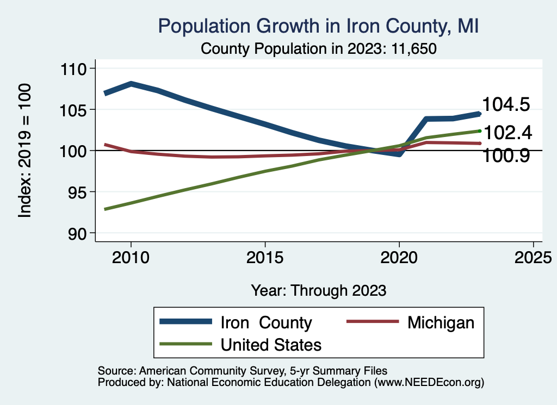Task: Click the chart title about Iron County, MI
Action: (x=318, y=26)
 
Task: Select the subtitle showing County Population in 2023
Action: (x=319, y=48)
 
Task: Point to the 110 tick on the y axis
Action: (x=74, y=69)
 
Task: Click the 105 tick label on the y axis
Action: (x=74, y=110)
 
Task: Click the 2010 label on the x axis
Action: (x=131, y=257)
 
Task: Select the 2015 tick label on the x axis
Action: (x=265, y=257)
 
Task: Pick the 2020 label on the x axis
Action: (x=399, y=257)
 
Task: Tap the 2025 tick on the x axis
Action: (x=533, y=257)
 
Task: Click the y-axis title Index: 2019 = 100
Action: (x=24, y=151)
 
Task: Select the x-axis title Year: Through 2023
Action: (x=319, y=290)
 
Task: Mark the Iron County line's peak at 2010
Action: (x=131, y=84)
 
